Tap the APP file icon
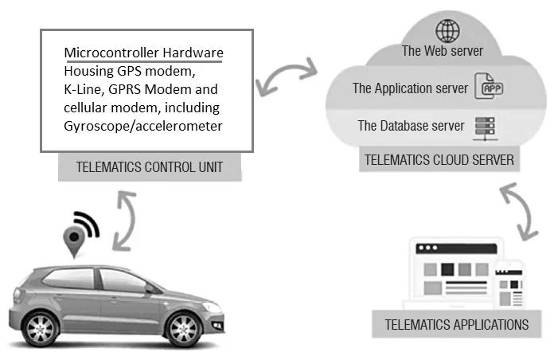click(x=488, y=88)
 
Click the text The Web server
click(x=442, y=52)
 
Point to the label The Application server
click(x=410, y=88)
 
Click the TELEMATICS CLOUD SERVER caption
click(x=439, y=159)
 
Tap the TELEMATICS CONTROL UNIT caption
click(x=149, y=167)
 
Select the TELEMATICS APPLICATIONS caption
click(x=456, y=324)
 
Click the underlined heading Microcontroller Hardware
click(x=143, y=53)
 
